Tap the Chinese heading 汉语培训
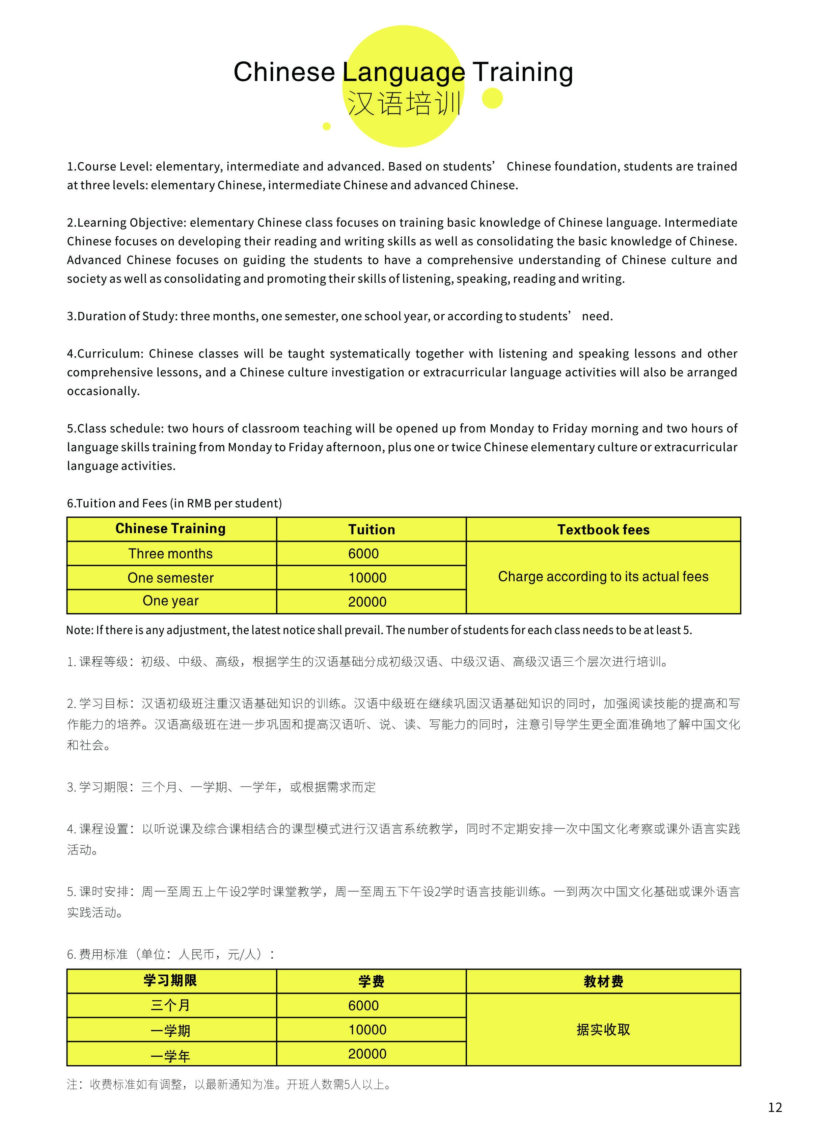404,104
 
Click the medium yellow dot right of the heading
492,98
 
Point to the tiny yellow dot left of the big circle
327,126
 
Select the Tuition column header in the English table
372,529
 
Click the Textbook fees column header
603,529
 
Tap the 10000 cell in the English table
367,578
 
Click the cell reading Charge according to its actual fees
603,577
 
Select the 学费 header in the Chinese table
372,981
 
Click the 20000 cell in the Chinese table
367,1054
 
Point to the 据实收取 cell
603,1029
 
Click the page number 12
775,1107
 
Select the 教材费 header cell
603,981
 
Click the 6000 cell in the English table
363,553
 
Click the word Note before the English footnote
79,630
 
